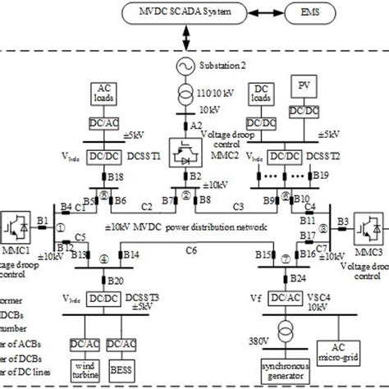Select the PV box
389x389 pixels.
point(309,89)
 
